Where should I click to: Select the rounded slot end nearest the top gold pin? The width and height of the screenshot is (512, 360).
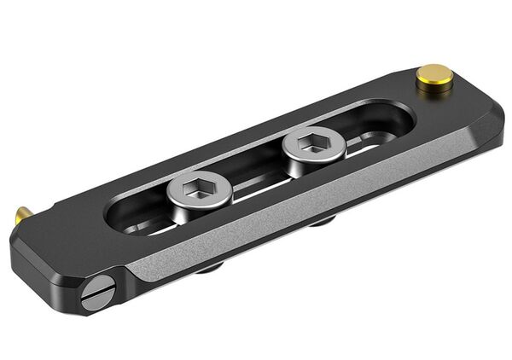pyautogui.click(x=401, y=119)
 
